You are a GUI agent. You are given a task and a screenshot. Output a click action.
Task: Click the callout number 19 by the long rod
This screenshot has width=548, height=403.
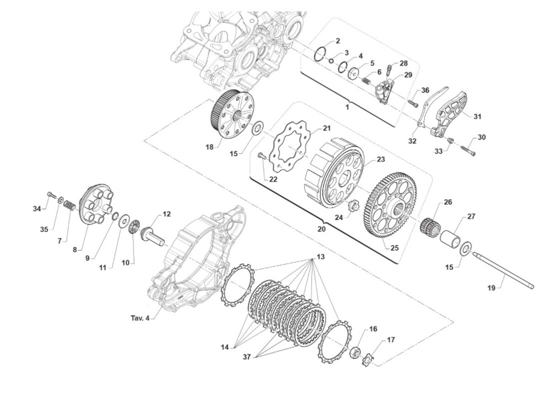pyautogui.click(x=491, y=288)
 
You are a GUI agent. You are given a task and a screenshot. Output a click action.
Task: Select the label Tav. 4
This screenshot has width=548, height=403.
pyautogui.click(x=140, y=318)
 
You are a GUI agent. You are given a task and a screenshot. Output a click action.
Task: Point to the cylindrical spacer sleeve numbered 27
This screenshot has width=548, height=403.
pyautogui.click(x=450, y=239)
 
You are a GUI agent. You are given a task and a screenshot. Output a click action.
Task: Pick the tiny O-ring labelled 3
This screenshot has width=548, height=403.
pyautogui.click(x=331, y=61)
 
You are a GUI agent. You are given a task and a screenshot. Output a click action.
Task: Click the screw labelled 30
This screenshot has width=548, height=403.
pyautogui.click(x=468, y=150)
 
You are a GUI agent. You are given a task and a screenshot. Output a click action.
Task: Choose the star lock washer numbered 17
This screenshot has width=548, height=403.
pyautogui.click(x=368, y=361)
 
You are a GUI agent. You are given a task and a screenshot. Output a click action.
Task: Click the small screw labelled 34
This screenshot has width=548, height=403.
pyautogui.click(x=52, y=195)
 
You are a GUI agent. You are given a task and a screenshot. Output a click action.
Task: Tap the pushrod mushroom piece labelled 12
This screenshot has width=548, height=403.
pyautogui.click(x=152, y=235)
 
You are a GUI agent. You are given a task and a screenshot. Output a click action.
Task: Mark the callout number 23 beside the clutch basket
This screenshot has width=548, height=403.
pyautogui.click(x=381, y=159)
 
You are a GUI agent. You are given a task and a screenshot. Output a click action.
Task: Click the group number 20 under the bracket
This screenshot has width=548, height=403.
pyautogui.click(x=322, y=229)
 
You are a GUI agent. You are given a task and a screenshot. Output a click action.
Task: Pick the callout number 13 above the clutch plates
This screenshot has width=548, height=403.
pyautogui.click(x=321, y=257)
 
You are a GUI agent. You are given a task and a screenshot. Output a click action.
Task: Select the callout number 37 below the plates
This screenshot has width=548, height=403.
pyautogui.click(x=247, y=357)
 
